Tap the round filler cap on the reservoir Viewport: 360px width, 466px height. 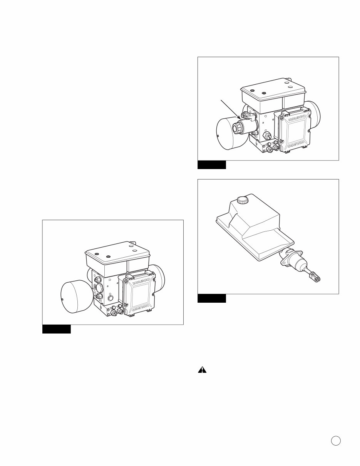(x=242, y=199)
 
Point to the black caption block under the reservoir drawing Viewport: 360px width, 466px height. (x=211, y=298)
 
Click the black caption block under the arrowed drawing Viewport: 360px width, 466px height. (x=211, y=165)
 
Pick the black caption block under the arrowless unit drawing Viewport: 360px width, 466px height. (x=56, y=329)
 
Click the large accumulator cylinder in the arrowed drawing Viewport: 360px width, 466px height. (x=227, y=132)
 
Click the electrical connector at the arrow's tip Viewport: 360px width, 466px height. (x=244, y=115)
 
